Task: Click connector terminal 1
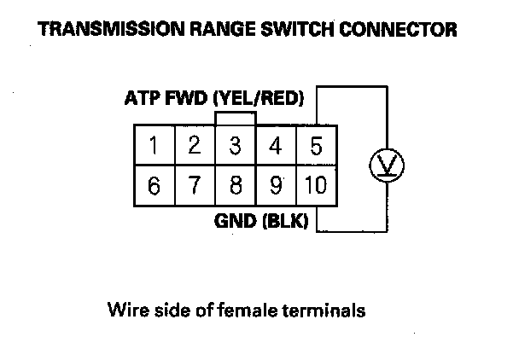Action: tap(154, 146)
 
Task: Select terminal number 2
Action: tap(195, 146)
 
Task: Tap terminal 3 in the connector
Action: tap(236, 146)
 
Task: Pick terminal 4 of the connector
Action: tap(276, 146)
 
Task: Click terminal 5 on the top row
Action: tap(316, 146)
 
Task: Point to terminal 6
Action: tap(154, 185)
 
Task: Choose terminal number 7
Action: tap(195, 185)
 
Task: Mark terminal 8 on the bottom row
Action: tap(236, 185)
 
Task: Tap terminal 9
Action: tap(276, 185)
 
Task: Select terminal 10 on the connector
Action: tap(316, 185)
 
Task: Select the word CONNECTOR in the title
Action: tap(401, 30)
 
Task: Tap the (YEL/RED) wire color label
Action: tap(261, 98)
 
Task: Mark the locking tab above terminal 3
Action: tap(236, 119)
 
